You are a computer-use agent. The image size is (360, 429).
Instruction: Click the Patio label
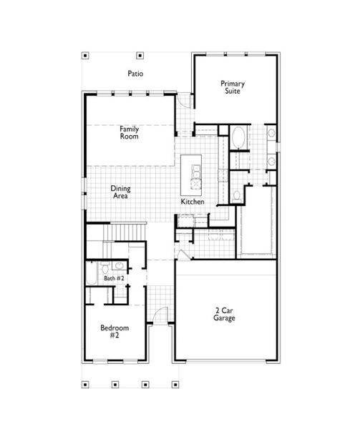pyautogui.click(x=136, y=73)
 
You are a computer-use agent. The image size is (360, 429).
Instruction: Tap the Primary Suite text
pyautogui.click(x=233, y=87)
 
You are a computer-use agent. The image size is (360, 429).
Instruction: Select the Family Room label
pyautogui.click(x=130, y=132)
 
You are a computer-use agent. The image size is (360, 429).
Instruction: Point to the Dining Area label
pyautogui.click(x=120, y=192)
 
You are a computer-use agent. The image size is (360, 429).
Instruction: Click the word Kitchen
pyautogui.click(x=193, y=202)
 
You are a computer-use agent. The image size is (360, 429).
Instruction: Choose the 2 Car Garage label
pyautogui.click(x=225, y=314)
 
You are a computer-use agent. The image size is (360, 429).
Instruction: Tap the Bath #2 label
pyautogui.click(x=114, y=278)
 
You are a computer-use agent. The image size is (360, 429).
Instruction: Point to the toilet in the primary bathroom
pyautogui.click(x=236, y=194)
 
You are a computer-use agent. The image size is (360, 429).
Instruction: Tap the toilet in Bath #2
pyautogui.click(x=105, y=267)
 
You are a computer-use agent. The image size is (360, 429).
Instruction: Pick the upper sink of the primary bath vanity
pyautogui.click(x=271, y=134)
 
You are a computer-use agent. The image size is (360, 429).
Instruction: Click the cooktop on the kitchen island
pyautogui.click(x=193, y=171)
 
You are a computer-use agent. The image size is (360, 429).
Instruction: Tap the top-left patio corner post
pyautogui.click(x=84, y=55)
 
